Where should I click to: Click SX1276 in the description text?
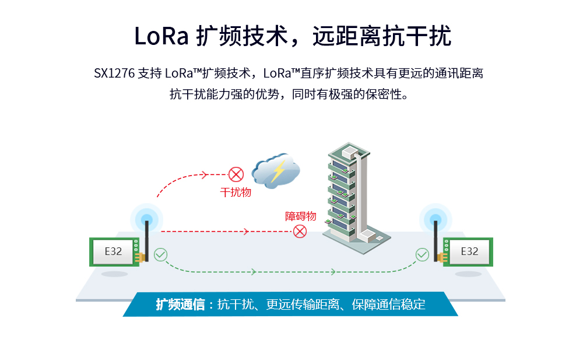(x=114, y=74)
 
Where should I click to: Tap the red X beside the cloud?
(x=236, y=174)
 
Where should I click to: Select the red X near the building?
(x=300, y=231)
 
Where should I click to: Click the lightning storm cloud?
(x=276, y=171)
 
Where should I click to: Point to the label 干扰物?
(x=236, y=192)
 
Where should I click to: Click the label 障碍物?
(x=300, y=216)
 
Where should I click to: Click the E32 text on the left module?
(x=113, y=251)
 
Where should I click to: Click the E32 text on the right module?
(x=469, y=251)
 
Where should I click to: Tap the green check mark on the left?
(x=160, y=254)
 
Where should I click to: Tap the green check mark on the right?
(x=422, y=254)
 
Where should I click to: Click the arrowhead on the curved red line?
(x=205, y=174)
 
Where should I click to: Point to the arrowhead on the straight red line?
(x=245, y=232)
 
